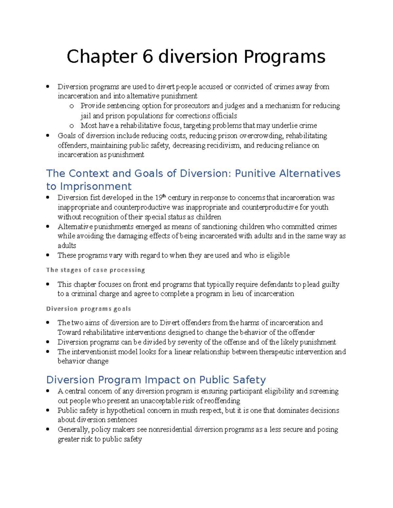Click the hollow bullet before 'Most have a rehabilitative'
click(x=72, y=126)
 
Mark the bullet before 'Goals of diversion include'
click(x=48, y=135)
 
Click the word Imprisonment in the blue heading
click(x=96, y=186)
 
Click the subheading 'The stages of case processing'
click(x=95, y=270)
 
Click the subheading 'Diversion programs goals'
click(x=88, y=309)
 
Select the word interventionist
click(x=94, y=352)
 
